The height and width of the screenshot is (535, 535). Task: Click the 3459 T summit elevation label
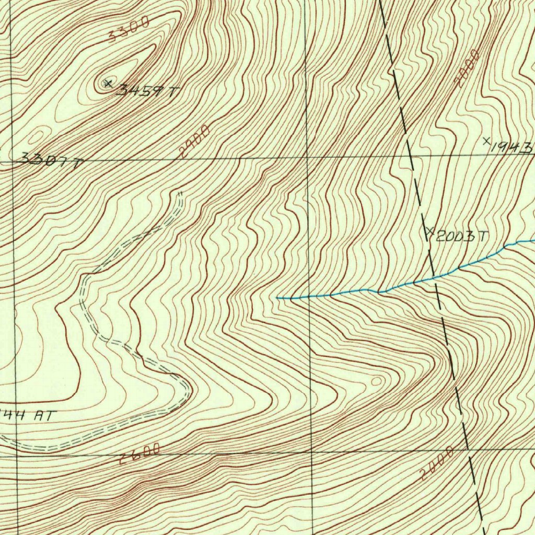[147, 91]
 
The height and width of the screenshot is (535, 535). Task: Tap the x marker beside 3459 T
[108, 83]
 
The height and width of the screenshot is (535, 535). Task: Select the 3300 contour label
[129, 29]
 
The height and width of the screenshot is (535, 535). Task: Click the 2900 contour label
[194, 141]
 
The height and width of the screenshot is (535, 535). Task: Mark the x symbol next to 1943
[486, 140]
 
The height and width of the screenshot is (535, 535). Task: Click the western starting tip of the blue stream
[277, 298]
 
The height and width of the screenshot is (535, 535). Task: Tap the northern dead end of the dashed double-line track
[180, 194]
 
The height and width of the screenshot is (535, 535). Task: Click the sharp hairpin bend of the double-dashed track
[188, 390]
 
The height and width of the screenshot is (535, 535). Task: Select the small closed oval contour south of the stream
[376, 381]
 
